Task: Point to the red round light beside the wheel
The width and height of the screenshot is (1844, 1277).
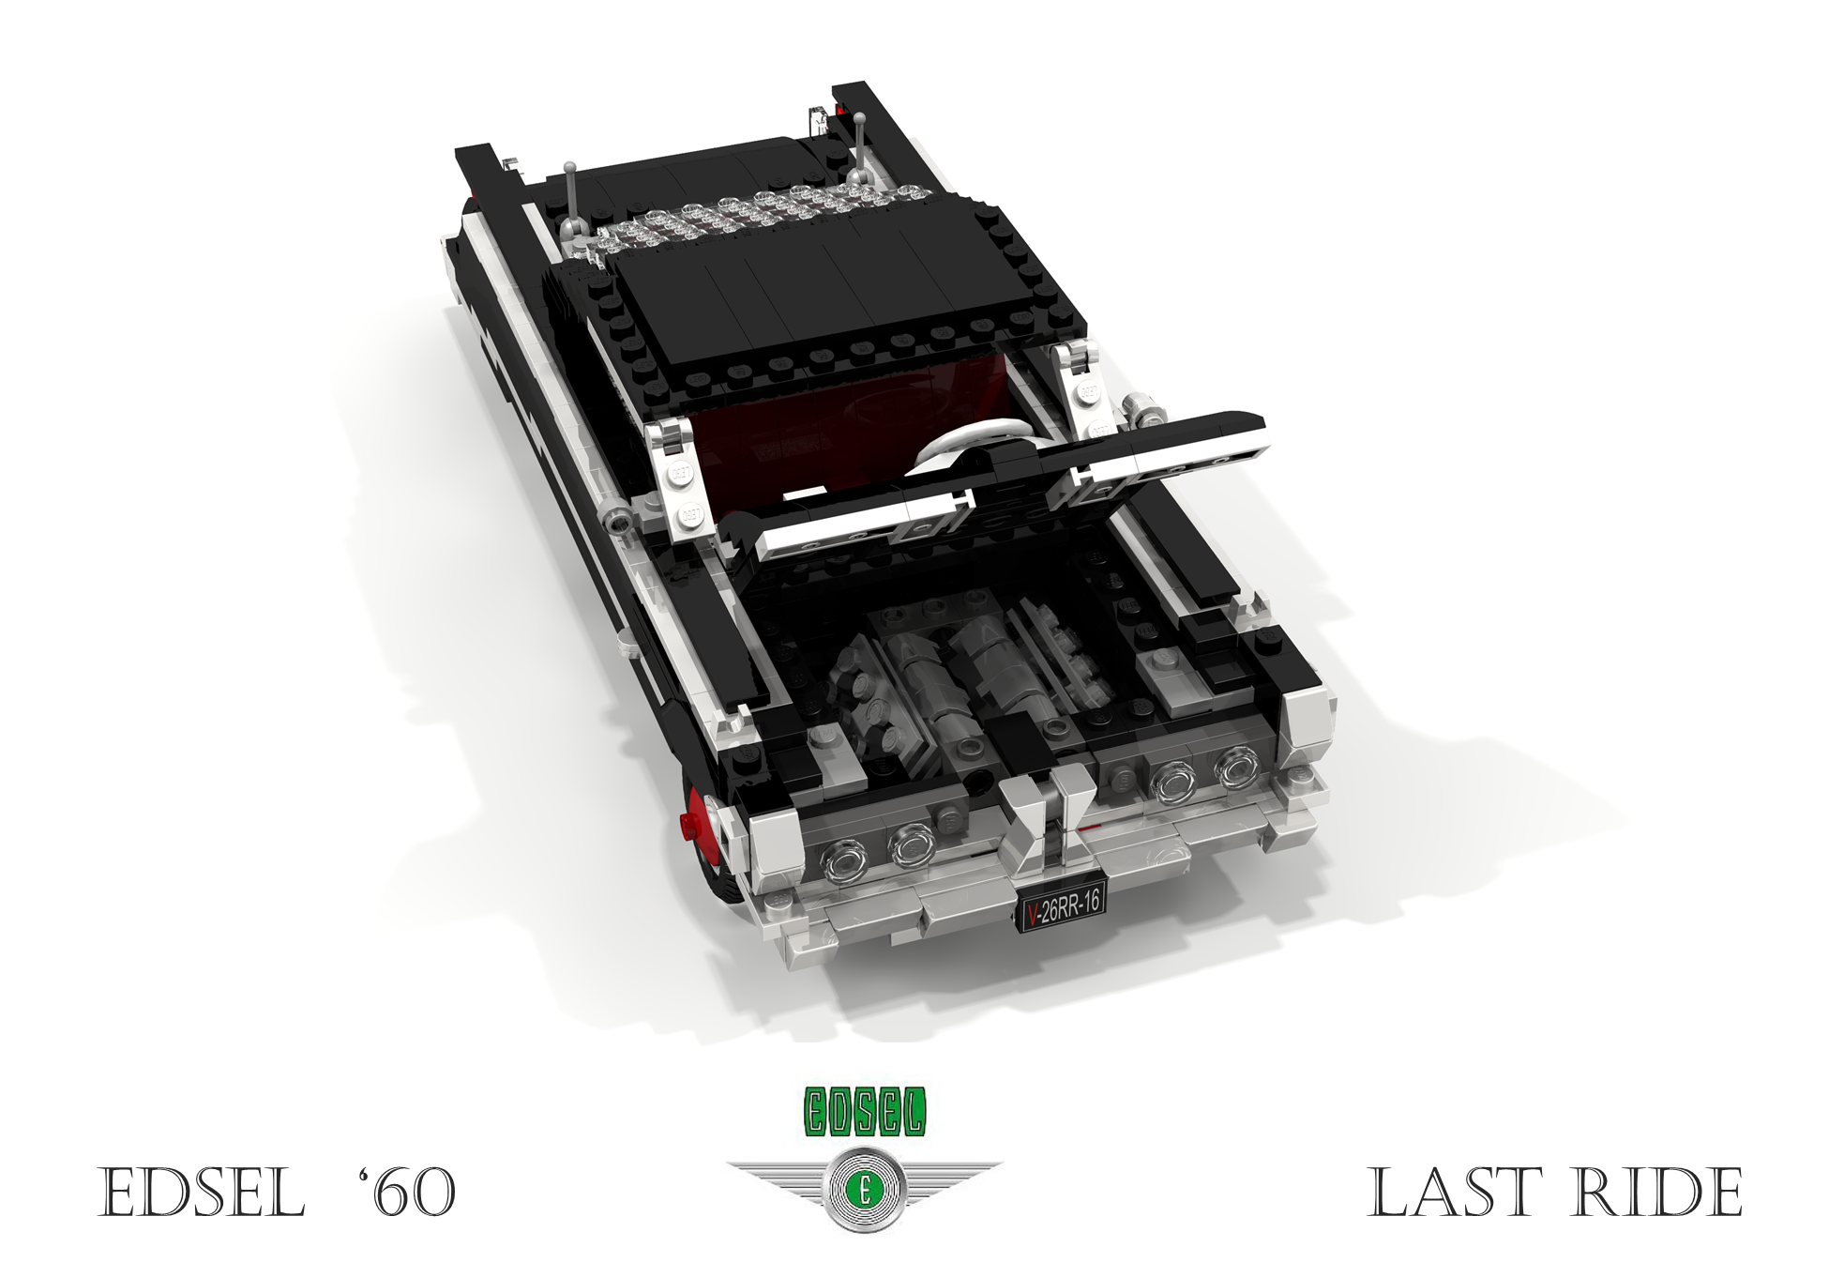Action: coord(694,826)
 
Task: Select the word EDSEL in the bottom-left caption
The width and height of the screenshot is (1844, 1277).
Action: coord(202,1193)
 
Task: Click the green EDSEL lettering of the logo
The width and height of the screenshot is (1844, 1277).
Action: coord(864,1112)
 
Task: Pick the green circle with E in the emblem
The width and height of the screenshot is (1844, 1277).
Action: coord(863,1191)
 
